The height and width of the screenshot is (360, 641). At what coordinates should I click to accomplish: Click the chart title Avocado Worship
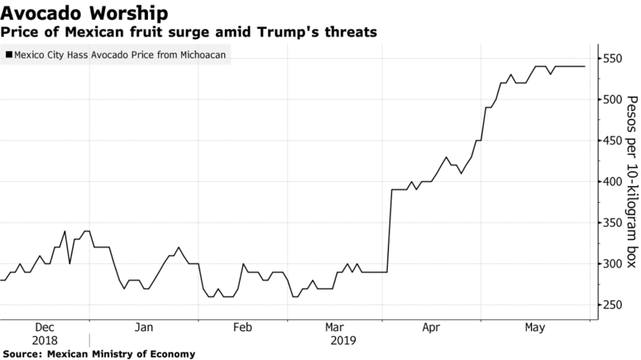[86, 13]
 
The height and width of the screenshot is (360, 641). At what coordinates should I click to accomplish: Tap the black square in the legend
[9, 55]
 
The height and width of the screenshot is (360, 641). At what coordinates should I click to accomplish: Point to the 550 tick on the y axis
[615, 60]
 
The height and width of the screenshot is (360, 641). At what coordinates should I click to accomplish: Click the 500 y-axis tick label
[615, 100]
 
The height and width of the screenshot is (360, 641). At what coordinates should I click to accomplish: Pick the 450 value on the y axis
[615, 141]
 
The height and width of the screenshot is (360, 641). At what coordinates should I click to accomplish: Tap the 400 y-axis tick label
[615, 182]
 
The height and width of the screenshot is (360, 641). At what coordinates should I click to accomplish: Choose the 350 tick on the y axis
[615, 223]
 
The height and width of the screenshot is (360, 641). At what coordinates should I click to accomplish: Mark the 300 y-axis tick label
[615, 264]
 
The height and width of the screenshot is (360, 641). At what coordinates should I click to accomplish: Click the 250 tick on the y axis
[615, 305]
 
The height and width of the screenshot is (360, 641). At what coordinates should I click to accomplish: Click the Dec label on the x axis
[45, 328]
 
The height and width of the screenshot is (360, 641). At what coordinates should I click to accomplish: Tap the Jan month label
[143, 328]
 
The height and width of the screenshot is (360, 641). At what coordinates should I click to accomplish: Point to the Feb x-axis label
[242, 328]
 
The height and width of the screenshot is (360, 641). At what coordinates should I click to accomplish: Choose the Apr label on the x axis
[431, 328]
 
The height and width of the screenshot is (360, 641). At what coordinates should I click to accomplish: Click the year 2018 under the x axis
[45, 340]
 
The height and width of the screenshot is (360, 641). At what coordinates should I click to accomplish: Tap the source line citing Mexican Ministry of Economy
[98, 353]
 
